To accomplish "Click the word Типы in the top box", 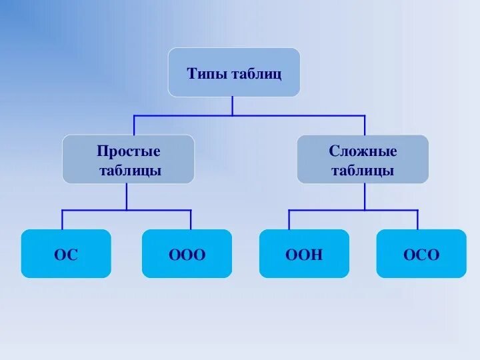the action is pos(207,73).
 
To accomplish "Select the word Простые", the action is pos(129,151).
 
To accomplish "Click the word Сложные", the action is pos(363,151).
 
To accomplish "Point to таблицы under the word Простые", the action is pos(130,171).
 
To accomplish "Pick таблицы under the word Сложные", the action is pos(363,171).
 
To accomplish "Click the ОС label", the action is pos(66,255).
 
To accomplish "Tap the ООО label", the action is pos(187,255).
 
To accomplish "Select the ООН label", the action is pos(304,255).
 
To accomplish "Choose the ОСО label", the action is pos(421,255).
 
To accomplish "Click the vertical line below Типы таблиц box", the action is pos(233,105).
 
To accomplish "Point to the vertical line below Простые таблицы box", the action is pos(127,196).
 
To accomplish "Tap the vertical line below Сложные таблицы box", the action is pos(365,196).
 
